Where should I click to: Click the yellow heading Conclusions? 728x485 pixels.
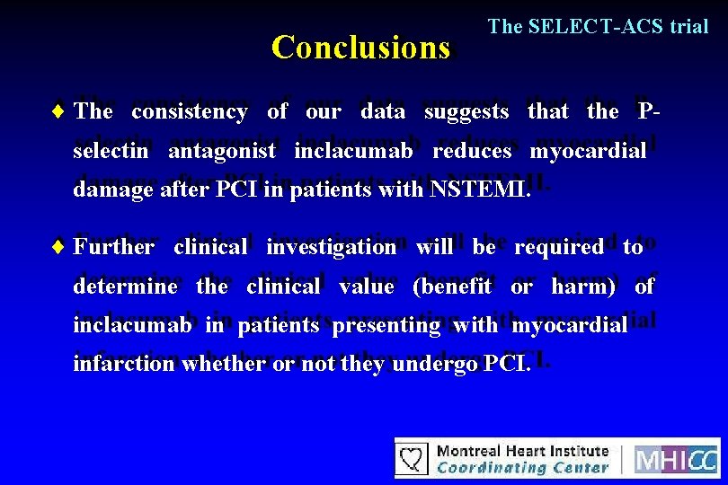[360, 47]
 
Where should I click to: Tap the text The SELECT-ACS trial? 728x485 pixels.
[598, 26]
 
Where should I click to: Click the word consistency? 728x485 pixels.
[189, 112]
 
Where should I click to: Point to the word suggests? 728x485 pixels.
[467, 112]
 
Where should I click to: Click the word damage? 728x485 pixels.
[107, 190]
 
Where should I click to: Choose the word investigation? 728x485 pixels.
[331, 247]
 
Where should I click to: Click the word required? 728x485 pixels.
[558, 247]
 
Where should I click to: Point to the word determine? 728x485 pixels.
[125, 287]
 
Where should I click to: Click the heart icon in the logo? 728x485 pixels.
[413, 459]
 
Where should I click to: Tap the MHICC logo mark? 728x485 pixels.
[676, 459]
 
